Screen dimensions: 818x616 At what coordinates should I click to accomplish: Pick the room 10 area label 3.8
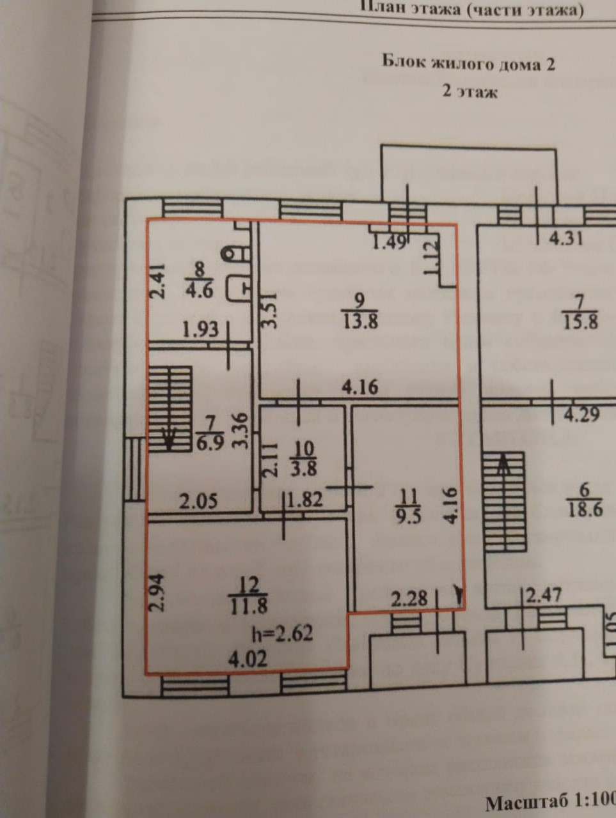(303, 468)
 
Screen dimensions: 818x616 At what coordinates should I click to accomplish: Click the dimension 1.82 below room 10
(304, 500)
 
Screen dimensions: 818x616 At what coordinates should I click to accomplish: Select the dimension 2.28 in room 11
(408, 599)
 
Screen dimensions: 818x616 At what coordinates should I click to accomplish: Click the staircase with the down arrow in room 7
(170, 409)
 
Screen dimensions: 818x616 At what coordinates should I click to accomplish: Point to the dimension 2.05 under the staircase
(198, 501)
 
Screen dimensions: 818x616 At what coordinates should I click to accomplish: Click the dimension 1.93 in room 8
(200, 330)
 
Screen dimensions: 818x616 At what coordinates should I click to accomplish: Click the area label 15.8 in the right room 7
(581, 321)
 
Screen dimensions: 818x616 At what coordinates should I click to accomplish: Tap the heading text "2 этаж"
(469, 91)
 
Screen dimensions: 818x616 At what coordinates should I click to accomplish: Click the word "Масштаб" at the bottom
(528, 802)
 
